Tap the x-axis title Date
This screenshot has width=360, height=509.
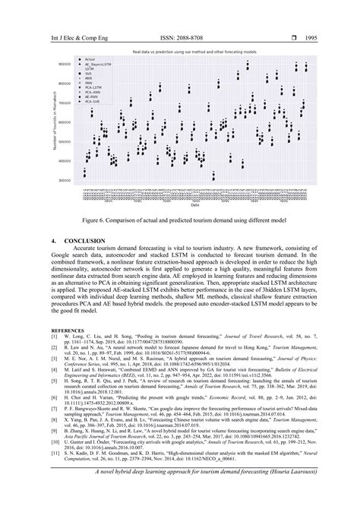tap(195, 204)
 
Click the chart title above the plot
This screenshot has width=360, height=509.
tap(195, 51)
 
